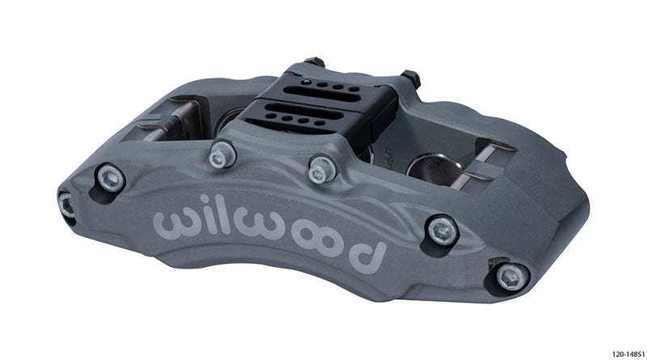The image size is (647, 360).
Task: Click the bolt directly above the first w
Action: (x=110, y=178)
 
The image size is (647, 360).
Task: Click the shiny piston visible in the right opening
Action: (x=428, y=168)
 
